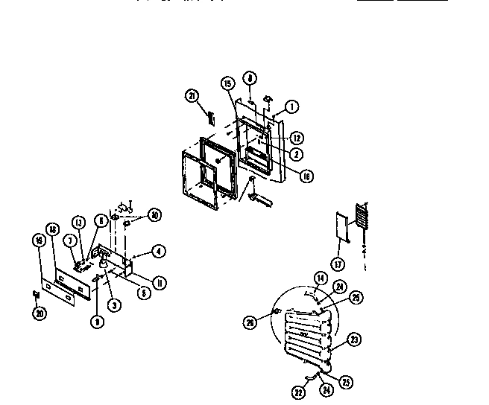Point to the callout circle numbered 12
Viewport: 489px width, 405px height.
pyautogui.click(x=296, y=137)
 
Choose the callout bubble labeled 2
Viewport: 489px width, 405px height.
pyautogui.click(x=296, y=154)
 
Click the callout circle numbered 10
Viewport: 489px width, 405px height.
pyautogui.click(x=155, y=214)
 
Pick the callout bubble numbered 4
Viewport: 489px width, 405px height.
pyautogui.click(x=158, y=251)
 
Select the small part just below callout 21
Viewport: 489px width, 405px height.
pyautogui.click(x=211, y=117)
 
